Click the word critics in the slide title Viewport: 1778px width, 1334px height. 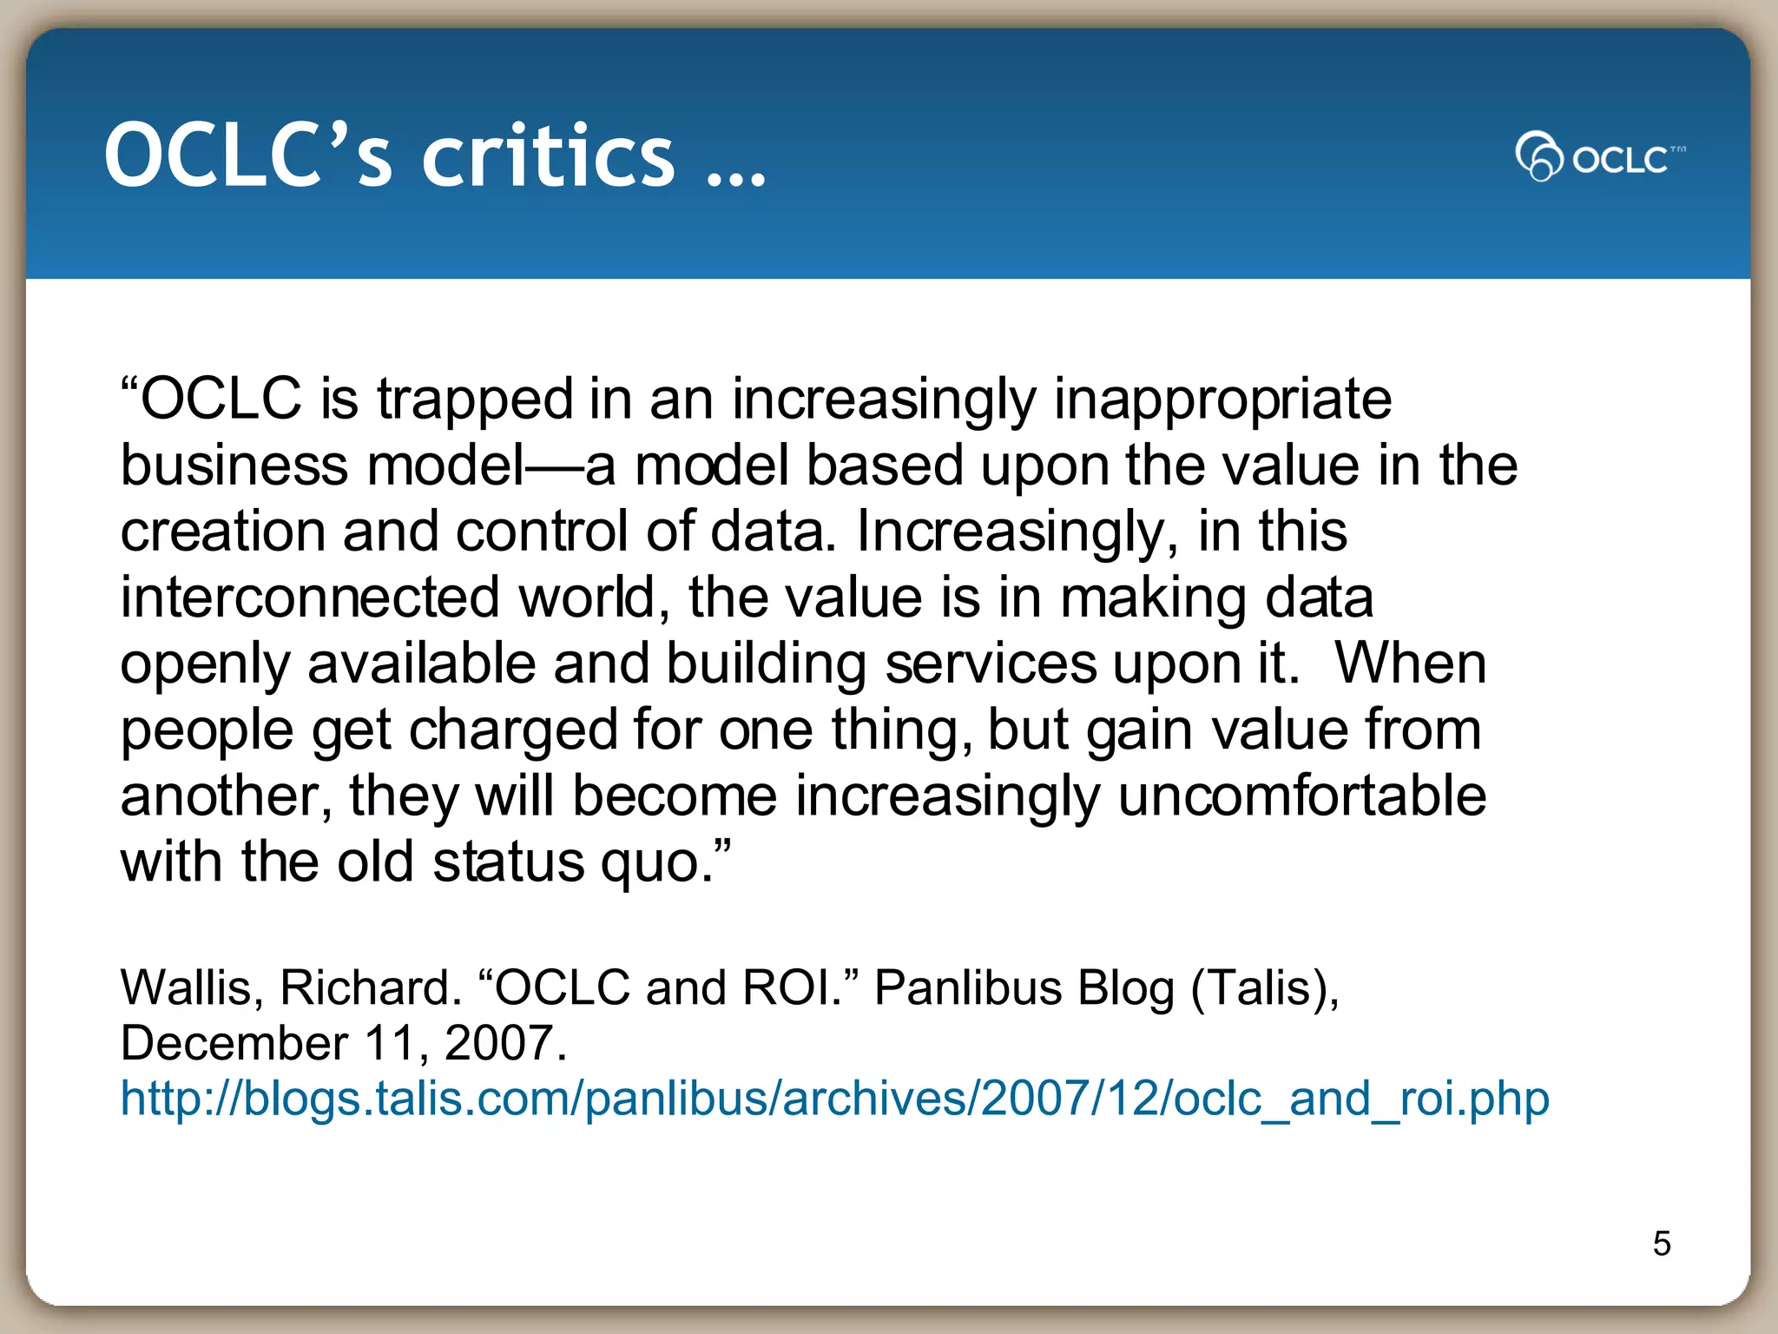pyautogui.click(x=548, y=155)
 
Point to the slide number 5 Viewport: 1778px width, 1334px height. pyautogui.click(x=1662, y=1244)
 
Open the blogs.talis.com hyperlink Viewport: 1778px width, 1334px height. pyautogui.click(x=834, y=1098)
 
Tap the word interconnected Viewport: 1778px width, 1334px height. pyautogui.click(x=310, y=598)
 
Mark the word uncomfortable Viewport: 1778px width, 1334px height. pyautogui.click(x=1301, y=796)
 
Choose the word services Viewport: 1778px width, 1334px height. pyautogui.click(x=991, y=664)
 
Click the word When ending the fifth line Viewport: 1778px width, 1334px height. pyautogui.click(x=1410, y=664)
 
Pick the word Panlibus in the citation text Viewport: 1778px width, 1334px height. pyautogui.click(x=968, y=987)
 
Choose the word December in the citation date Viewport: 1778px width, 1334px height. pyautogui.click(x=234, y=1042)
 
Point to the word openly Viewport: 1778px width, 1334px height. pyautogui.click(x=205, y=665)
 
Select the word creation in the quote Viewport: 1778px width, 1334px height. pyautogui.click(x=222, y=532)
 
